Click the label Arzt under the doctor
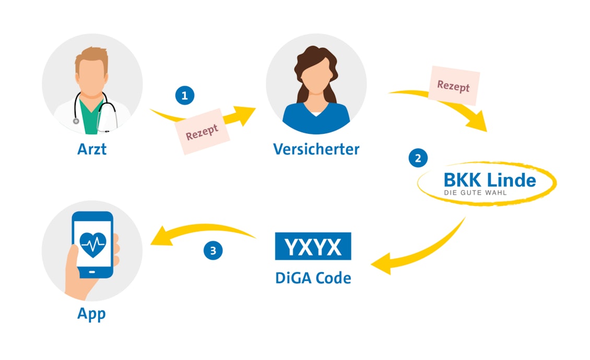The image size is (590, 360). [92, 148]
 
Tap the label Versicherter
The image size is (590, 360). [316, 149]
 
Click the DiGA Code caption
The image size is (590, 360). [313, 277]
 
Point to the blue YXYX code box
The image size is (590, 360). [313, 246]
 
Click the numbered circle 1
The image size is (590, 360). [184, 96]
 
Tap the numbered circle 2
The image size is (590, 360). [418, 157]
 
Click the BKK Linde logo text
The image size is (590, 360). [489, 180]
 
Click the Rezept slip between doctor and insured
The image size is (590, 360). [201, 131]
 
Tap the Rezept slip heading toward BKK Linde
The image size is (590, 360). [453, 86]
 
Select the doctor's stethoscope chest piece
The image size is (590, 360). [76, 121]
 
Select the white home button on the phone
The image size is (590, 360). [92, 272]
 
